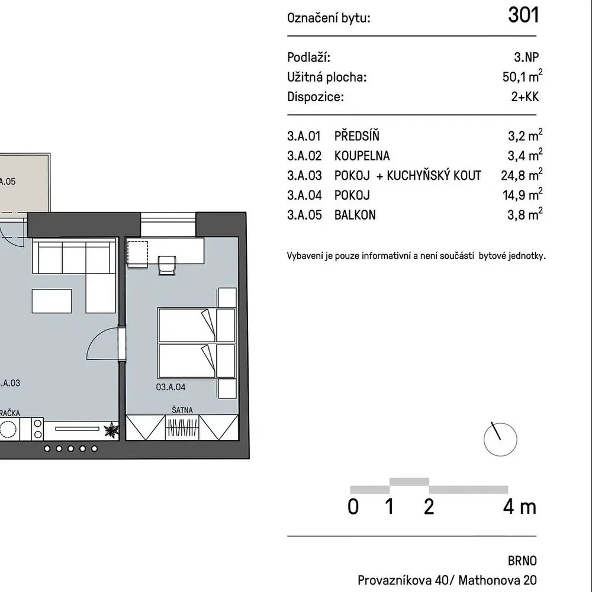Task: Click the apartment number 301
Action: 523,15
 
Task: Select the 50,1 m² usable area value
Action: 522,76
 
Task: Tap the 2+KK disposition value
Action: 525,96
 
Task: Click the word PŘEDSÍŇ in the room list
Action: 357,136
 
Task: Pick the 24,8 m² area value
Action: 522,175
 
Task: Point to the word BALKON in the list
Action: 355,215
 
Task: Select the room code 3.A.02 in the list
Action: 304,156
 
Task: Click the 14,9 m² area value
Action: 522,194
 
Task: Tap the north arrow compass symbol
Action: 500,439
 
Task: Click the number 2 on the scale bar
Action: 429,507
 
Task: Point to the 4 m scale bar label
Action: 520,507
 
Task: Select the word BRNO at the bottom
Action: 522,561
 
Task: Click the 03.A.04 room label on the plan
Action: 170,387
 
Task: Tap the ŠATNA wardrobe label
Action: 182,410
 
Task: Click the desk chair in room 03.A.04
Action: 167,265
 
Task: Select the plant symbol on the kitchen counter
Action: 111,430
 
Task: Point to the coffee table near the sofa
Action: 52,301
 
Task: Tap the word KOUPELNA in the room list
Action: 362,156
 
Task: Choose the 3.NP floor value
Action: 526,57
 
